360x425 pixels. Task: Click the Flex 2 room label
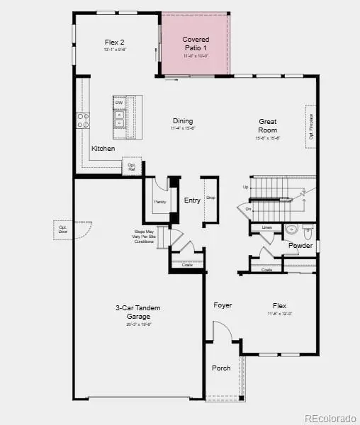click(x=114, y=42)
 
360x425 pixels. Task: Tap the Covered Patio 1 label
click(x=196, y=43)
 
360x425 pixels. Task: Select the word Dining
click(x=182, y=121)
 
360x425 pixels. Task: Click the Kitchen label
click(x=103, y=149)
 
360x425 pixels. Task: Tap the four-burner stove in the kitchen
click(x=83, y=120)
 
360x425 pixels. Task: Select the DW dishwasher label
click(x=119, y=103)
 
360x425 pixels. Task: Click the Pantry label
click(x=159, y=202)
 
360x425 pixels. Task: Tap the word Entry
click(x=192, y=200)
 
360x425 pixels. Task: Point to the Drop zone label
click(x=210, y=198)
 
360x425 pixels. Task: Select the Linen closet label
click(x=267, y=227)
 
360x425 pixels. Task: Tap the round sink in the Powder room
click(x=291, y=229)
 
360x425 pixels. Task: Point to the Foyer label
click(x=223, y=305)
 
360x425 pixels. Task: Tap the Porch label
click(x=221, y=368)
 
